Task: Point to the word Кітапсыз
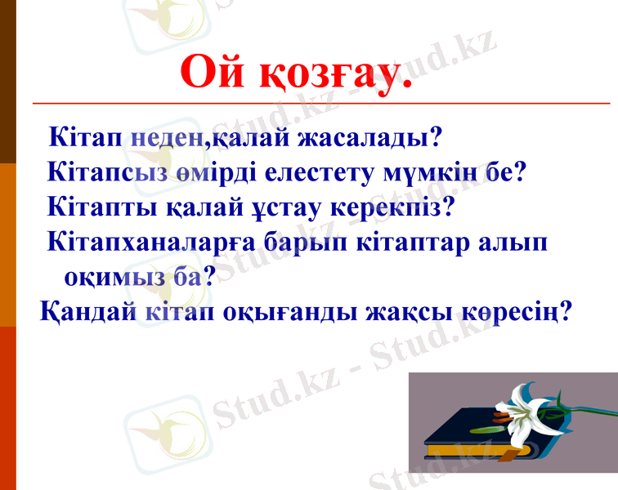click(x=108, y=172)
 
